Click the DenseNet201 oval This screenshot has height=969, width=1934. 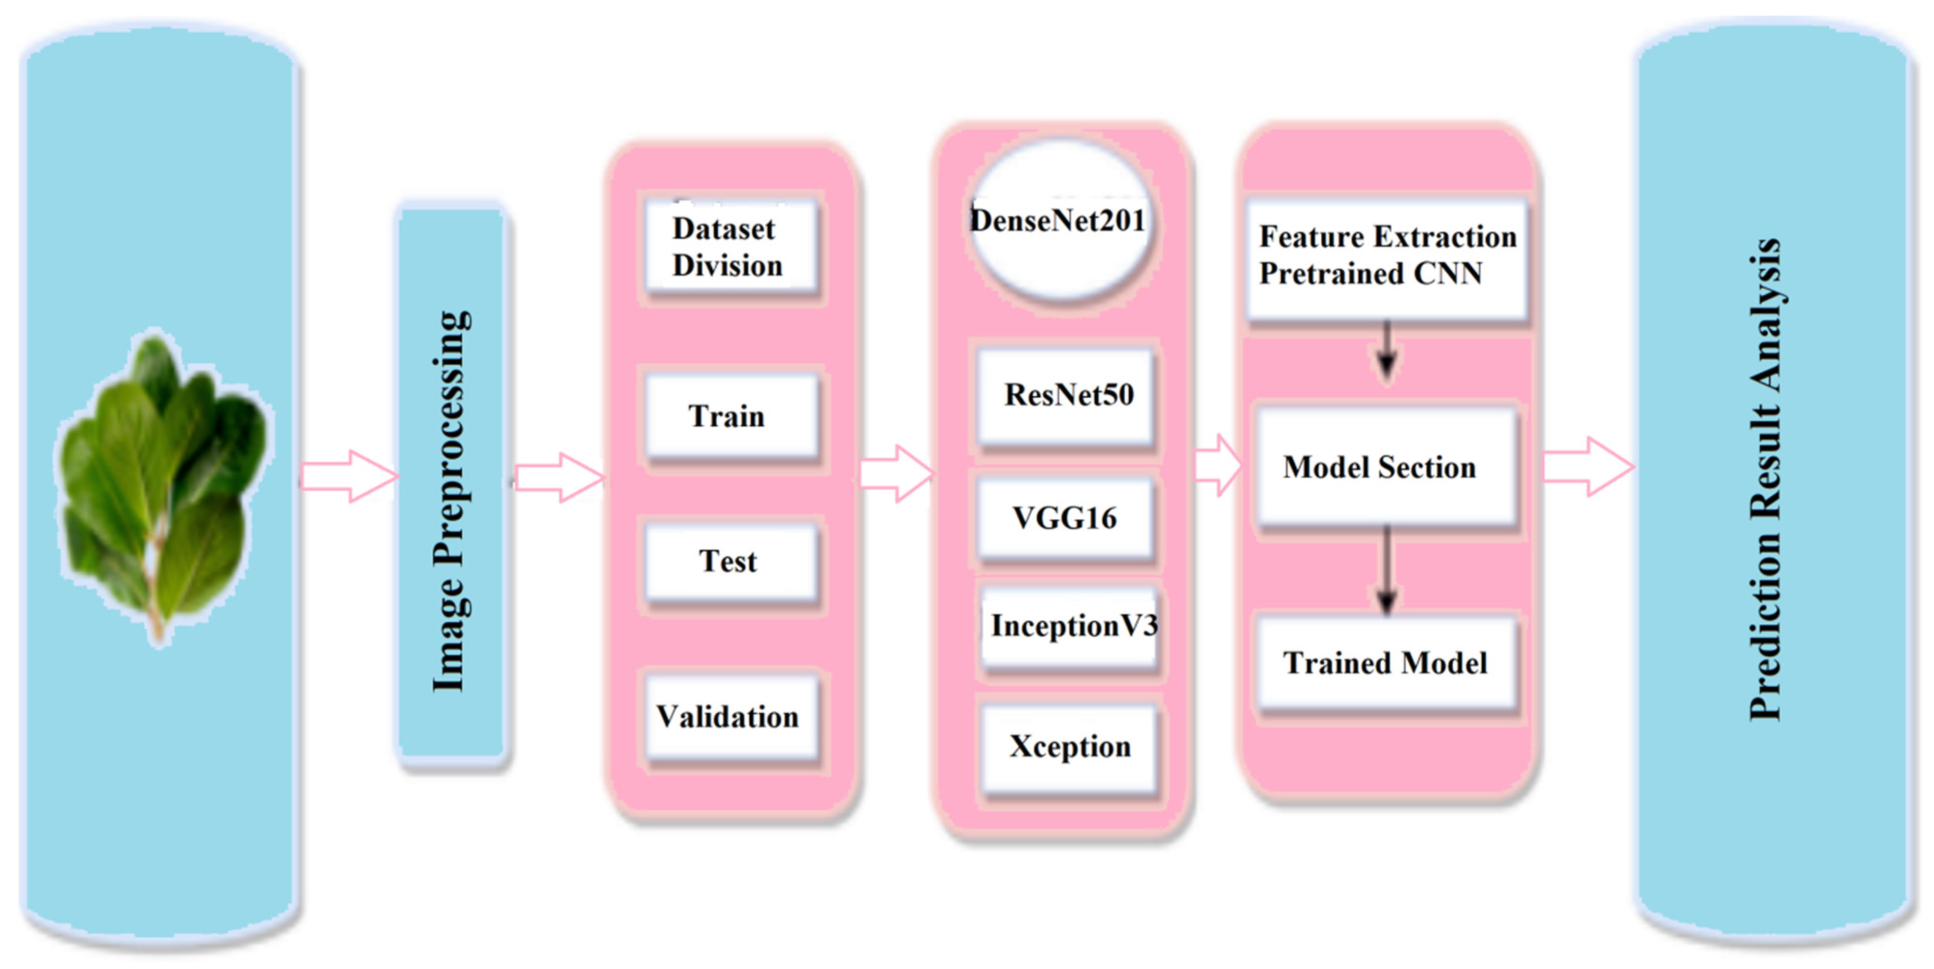tap(1060, 221)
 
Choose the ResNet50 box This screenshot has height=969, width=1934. tap(1066, 396)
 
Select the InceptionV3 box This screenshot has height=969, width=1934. tap(1070, 626)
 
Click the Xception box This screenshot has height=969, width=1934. tap(1069, 747)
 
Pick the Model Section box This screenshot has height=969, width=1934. tap(1386, 467)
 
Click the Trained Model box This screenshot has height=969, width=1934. tap(1386, 663)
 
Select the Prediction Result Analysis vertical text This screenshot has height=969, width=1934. tap(1766, 480)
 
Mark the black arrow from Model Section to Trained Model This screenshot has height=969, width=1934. tap(1386, 570)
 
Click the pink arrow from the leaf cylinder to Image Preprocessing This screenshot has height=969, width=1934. tap(349, 476)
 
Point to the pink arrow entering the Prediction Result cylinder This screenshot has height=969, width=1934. tap(1588, 467)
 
